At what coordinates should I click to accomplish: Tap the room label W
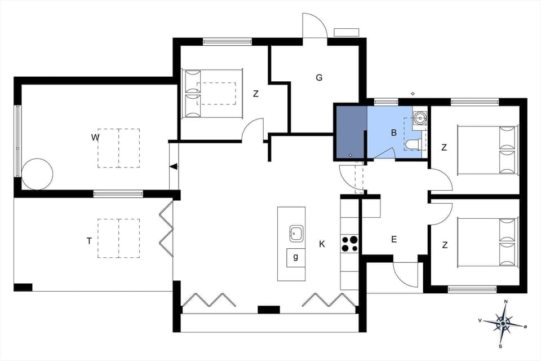coord(96,137)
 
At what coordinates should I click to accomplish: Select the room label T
coord(89,241)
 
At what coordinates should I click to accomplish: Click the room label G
coord(319,78)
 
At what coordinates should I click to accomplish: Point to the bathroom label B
coord(394,133)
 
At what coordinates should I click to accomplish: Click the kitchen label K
coord(322,244)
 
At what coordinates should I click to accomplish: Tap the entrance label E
coord(394,239)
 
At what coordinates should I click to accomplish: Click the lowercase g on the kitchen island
coord(296,257)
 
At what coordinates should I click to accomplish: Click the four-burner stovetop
coord(349,243)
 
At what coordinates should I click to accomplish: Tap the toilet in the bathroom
coord(413,145)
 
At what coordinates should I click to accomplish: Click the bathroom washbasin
coord(419,118)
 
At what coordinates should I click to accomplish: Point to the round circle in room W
coord(37,174)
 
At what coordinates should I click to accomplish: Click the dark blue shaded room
coord(351,133)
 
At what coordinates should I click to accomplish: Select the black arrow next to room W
coord(174,166)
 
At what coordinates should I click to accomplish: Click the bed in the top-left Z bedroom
coord(211,94)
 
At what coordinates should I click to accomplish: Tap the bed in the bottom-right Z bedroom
coord(488,242)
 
